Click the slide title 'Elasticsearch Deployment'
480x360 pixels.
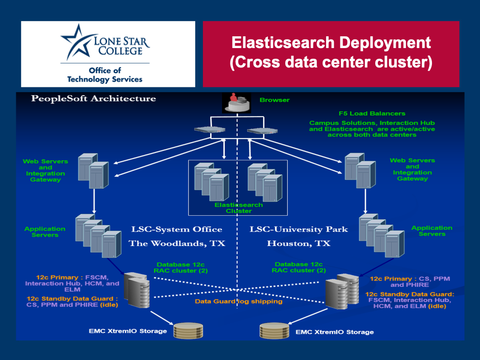point(331,42)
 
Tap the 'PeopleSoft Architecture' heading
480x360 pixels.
point(94,99)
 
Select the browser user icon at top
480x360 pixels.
point(236,103)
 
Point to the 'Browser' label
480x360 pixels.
point(274,100)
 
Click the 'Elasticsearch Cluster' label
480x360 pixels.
point(239,208)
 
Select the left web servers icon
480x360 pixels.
point(94,170)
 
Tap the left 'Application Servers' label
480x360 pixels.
point(45,232)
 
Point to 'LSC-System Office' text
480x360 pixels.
point(175,229)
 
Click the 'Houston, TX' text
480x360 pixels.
point(299,244)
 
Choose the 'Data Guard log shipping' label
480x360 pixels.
point(238,301)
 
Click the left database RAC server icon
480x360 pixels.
point(136,290)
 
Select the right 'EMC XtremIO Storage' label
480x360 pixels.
point(334,332)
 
